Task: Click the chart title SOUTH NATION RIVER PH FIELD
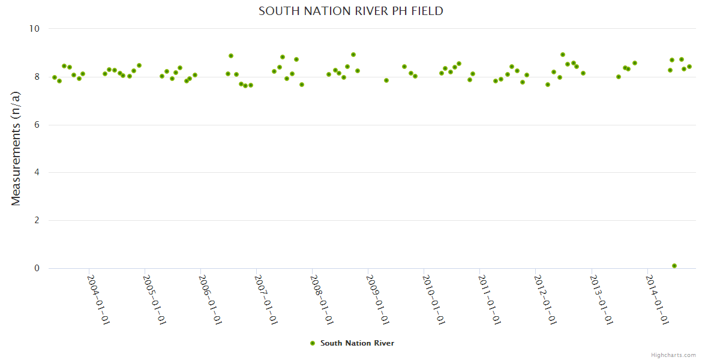point(351,11)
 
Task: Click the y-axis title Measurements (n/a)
point(16,148)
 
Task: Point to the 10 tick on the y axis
point(34,29)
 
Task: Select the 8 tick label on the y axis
point(37,77)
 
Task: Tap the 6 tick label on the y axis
point(37,125)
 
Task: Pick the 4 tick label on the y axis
point(37,173)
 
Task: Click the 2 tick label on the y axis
point(37,221)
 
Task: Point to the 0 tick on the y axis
point(37,269)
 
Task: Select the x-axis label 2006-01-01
point(211,300)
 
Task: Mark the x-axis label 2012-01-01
point(546,300)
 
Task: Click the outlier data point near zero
point(674,266)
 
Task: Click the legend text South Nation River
point(357,343)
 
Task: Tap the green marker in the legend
point(312,343)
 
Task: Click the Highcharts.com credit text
point(673,355)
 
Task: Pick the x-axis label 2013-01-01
point(602,300)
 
